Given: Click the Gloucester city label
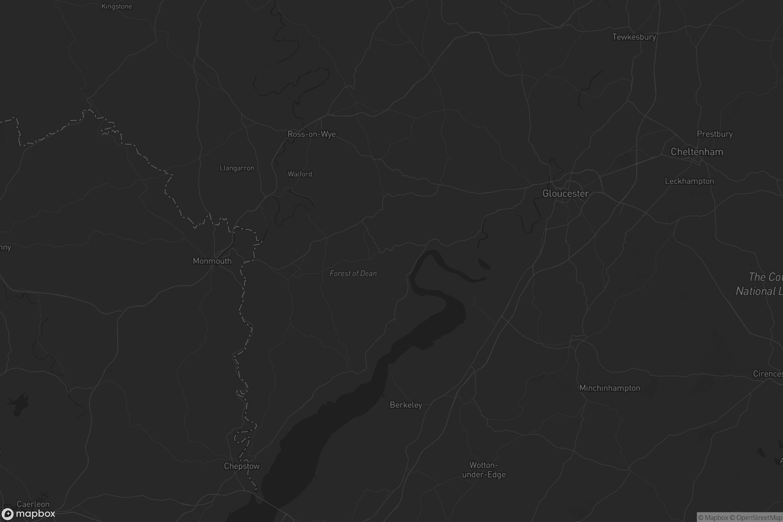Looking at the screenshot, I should tap(565, 193).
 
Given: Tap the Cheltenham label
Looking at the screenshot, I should tap(697, 152).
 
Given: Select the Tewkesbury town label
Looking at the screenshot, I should tap(634, 37).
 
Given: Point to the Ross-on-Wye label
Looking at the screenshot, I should tap(311, 134).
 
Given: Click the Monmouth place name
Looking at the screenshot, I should tap(212, 261).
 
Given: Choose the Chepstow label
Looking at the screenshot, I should tap(242, 466).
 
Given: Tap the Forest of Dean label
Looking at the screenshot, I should tap(353, 274).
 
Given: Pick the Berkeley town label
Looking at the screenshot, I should tap(406, 405).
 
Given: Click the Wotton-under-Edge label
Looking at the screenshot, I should tap(484, 470).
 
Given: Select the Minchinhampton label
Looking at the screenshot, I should tap(609, 388).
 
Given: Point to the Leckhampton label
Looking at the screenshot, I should tap(689, 181).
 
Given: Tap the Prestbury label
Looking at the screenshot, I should tap(715, 134).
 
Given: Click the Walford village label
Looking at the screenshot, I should tap(299, 174).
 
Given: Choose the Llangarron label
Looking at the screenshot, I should tap(237, 168).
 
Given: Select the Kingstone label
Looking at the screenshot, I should tap(116, 6).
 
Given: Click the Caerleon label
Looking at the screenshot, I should tap(33, 504).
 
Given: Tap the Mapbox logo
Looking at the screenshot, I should tap(28, 514).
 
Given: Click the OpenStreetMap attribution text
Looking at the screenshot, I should tap(759, 517).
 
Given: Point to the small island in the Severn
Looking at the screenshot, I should tap(484, 264).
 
